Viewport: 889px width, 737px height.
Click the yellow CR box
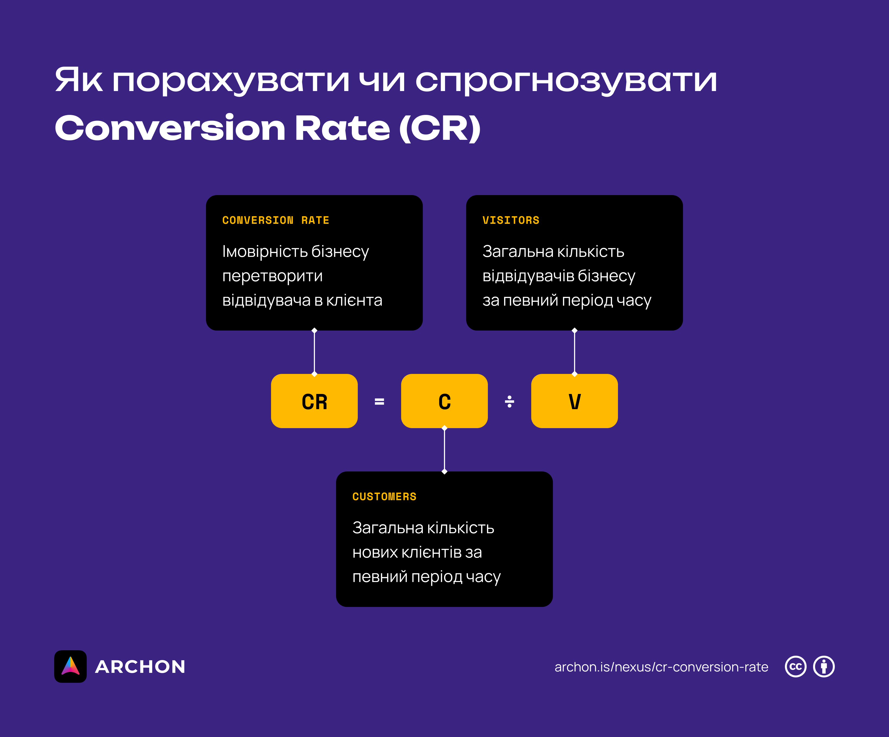point(314,401)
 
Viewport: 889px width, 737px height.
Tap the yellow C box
point(444,401)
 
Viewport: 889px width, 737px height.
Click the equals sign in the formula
point(379,401)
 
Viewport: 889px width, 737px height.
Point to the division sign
point(509,401)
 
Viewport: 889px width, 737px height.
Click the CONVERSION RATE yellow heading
point(276,220)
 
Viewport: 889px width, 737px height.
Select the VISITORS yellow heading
point(511,220)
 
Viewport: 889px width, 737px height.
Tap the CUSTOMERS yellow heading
point(384,497)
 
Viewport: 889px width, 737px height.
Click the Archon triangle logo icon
point(70,666)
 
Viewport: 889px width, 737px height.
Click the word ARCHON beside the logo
point(140,667)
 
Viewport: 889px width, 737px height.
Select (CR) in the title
point(440,128)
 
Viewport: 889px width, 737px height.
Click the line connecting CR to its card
point(314,352)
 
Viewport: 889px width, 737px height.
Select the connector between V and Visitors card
point(575,352)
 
